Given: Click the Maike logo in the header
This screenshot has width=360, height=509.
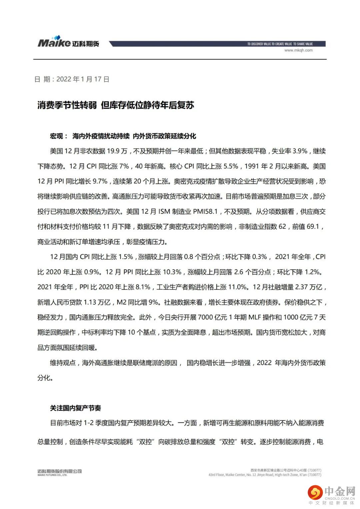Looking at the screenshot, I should coord(68,42).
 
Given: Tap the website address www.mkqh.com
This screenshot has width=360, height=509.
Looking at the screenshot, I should coord(298,50).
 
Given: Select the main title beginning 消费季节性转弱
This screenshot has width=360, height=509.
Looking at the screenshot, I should coord(115,105).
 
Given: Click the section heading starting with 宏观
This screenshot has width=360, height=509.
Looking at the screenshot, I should coord(123,136).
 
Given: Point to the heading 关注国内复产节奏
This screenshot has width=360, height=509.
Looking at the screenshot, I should coord(75,408).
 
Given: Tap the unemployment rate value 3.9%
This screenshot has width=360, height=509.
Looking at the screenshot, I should coord(300,151).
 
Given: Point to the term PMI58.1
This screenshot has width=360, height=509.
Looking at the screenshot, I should coord(205,211).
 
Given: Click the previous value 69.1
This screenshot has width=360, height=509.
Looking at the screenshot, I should coord(313,227).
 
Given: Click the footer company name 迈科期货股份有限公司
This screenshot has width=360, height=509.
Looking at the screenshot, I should coord(60,471).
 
